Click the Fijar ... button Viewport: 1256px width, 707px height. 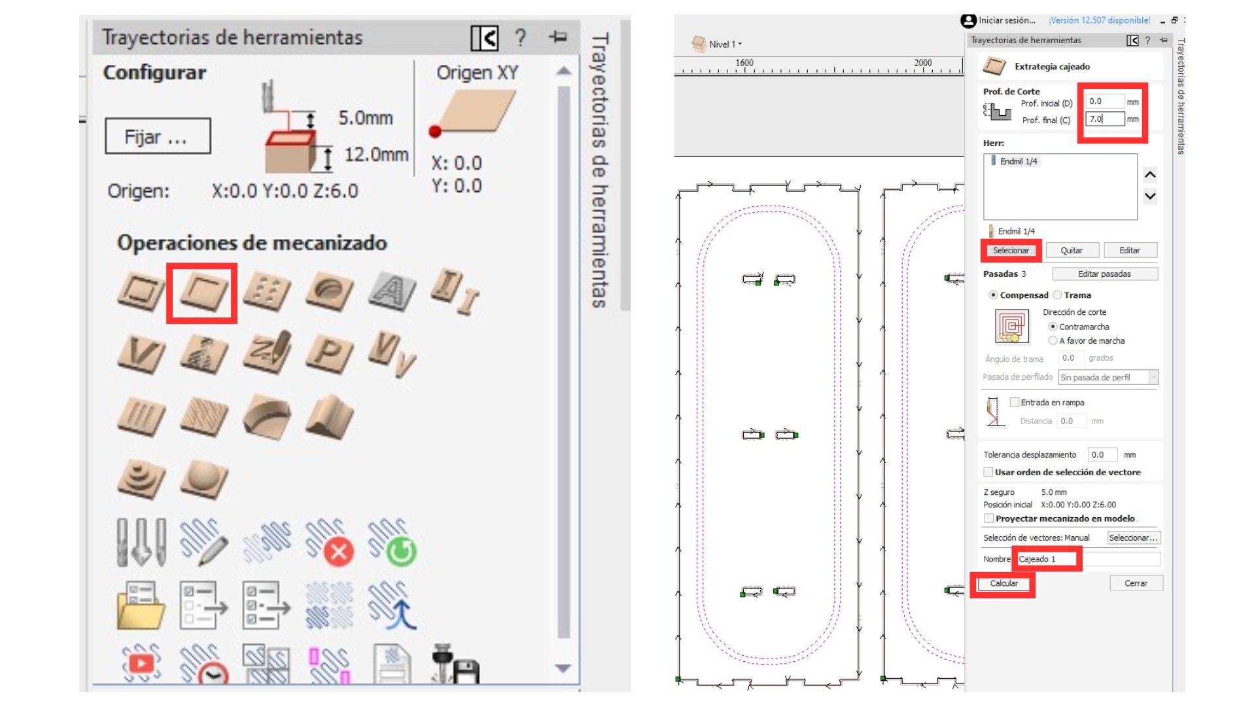click(158, 136)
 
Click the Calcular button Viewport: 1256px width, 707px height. click(1003, 583)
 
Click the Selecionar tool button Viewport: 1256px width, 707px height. click(1011, 250)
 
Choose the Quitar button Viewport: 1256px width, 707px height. click(1071, 250)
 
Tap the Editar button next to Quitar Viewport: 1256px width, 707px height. click(1130, 250)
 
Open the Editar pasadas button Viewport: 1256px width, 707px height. click(1104, 274)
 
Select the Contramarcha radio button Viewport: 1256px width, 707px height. click(1053, 327)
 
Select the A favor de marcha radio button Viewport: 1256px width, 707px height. click(1053, 340)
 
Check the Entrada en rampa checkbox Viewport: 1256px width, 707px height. click(1015, 402)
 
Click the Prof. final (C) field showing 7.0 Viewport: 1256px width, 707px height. click(1105, 118)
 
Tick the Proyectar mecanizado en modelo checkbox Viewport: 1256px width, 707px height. click(988, 518)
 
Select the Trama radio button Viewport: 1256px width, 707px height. click(1057, 295)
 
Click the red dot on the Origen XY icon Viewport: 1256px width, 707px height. click(435, 132)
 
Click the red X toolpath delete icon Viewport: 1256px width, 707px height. click(338, 552)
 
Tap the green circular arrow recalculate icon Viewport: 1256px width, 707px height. click(401, 552)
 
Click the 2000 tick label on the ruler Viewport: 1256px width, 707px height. click(923, 63)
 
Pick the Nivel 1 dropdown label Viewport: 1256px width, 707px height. click(723, 45)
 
